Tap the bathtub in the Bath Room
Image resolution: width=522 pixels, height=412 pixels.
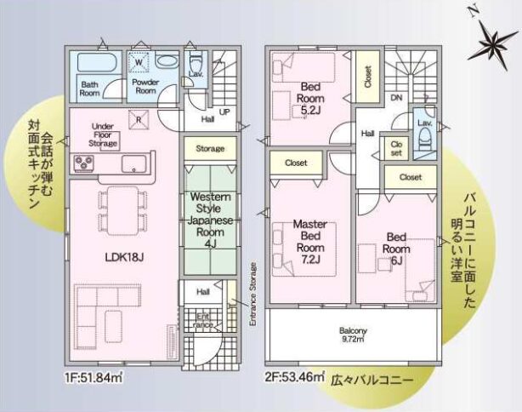click(97, 62)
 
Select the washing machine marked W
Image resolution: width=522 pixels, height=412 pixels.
click(139, 62)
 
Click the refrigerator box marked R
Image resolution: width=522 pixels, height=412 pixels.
click(139, 119)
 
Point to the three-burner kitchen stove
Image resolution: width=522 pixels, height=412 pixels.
click(84, 163)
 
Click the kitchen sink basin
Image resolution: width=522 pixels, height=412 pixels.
click(133, 163)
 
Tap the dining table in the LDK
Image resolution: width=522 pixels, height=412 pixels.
click(122, 210)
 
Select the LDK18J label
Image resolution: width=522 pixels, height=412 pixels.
click(124, 257)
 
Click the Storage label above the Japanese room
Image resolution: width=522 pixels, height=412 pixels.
click(210, 148)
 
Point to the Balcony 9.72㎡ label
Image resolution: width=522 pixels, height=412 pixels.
click(353, 335)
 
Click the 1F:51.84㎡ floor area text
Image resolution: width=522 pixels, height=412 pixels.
click(94, 378)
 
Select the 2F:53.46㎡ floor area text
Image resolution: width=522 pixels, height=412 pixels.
click(295, 377)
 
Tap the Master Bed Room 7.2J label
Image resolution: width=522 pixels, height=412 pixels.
click(310, 242)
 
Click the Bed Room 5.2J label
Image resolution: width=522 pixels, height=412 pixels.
click(310, 99)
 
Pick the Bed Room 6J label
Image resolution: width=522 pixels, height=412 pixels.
click(396, 249)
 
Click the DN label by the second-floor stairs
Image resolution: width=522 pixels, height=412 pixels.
click(396, 98)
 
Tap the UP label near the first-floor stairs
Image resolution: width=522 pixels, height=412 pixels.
click(224, 112)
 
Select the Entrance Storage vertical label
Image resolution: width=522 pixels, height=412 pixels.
click(253, 295)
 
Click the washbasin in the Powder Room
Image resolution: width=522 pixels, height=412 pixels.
click(167, 60)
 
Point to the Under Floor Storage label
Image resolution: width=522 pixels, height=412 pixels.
click(103, 135)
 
